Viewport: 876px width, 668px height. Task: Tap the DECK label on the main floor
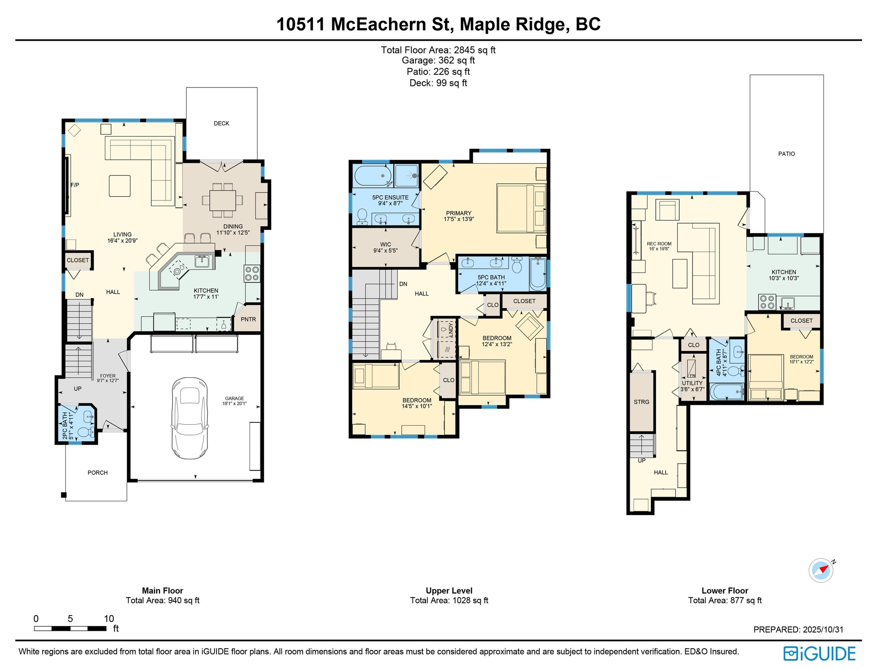point(222,123)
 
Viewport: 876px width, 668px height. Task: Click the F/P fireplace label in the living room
point(75,185)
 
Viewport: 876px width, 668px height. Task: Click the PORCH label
point(97,472)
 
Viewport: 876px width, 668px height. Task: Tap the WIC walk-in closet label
point(385,244)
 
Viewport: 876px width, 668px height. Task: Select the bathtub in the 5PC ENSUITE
point(373,175)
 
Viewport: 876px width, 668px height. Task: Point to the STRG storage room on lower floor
point(641,402)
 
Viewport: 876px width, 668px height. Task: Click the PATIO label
point(786,153)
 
